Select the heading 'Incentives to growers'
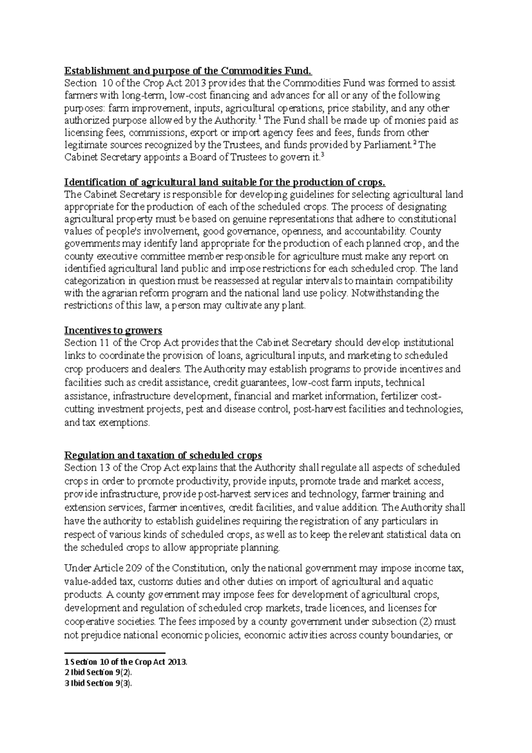pos(113,330)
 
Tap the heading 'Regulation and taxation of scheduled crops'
pos(163,455)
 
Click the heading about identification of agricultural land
pos(225,182)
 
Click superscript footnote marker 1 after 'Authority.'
pos(259,118)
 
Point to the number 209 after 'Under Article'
pos(134,568)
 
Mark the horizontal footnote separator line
pos(114,653)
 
